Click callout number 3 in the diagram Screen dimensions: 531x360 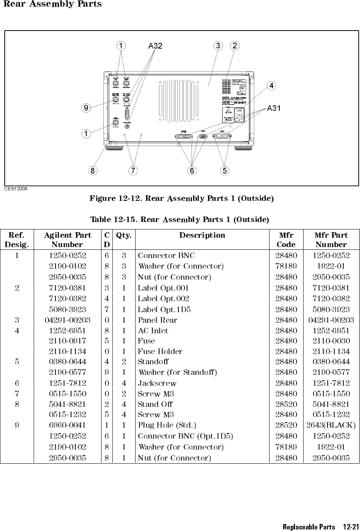click(217, 46)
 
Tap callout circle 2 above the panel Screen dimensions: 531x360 click(235, 46)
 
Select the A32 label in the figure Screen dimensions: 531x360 click(155, 46)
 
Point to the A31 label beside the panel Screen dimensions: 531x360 click(274, 108)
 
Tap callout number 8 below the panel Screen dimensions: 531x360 click(92, 171)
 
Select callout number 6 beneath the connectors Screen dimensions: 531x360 click(192, 171)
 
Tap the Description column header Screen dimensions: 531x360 click(202, 235)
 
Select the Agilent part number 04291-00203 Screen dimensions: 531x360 click(67, 320)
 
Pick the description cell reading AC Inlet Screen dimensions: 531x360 click(153, 331)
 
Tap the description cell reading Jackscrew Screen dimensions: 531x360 click(157, 383)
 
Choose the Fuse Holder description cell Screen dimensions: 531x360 click(160, 352)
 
